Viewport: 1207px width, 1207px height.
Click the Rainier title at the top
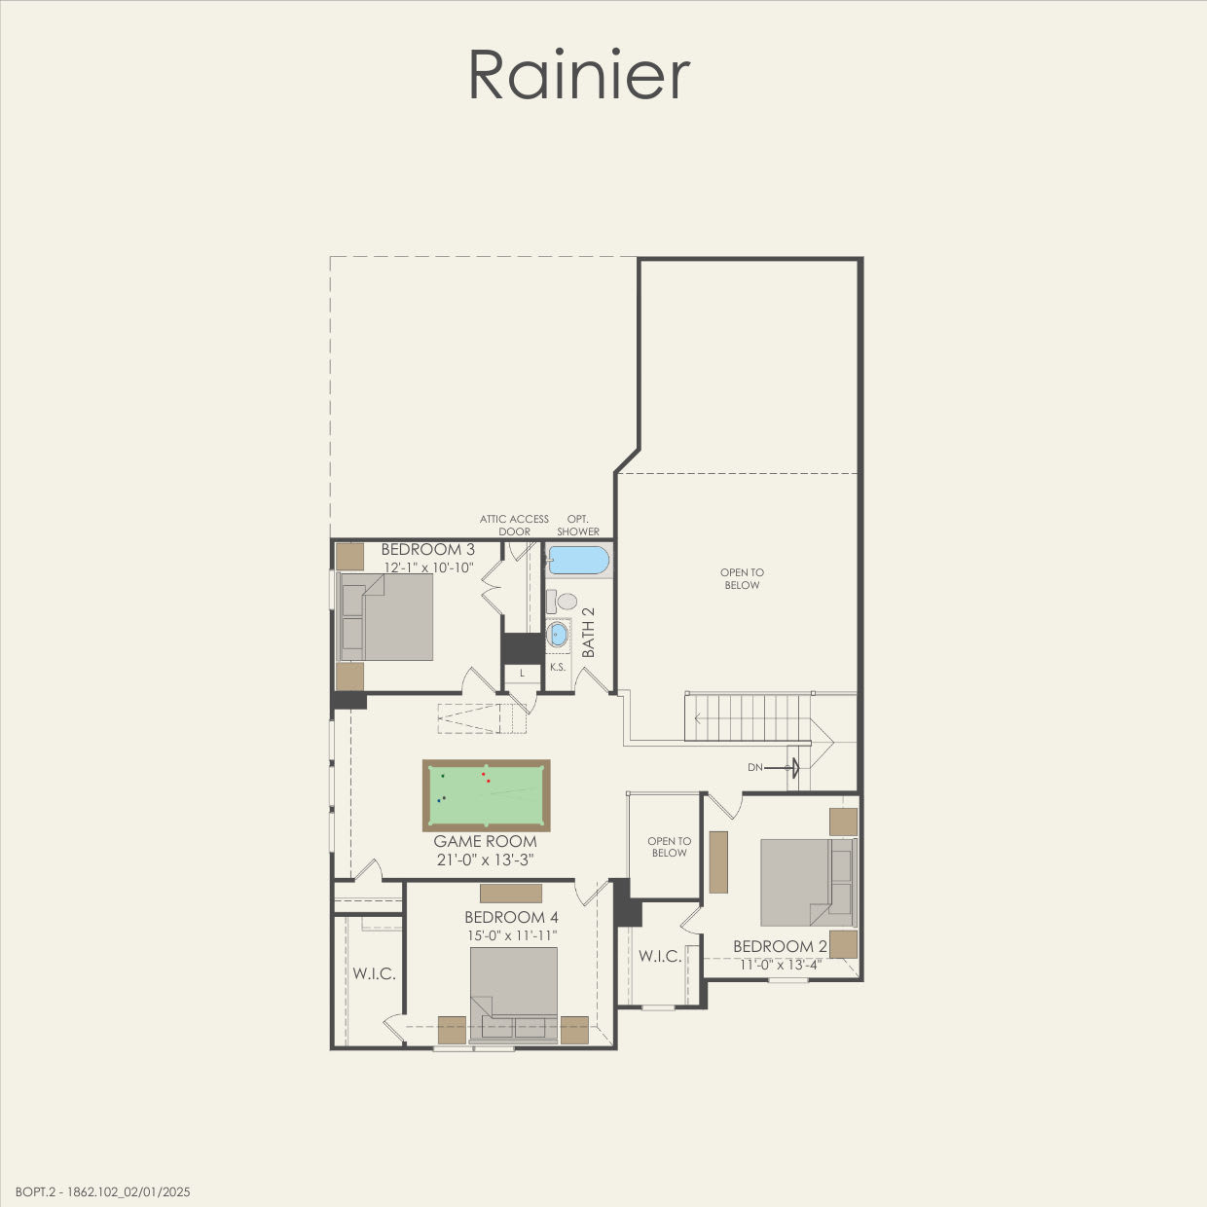pyautogui.click(x=579, y=75)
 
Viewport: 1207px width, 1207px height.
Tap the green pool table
pyautogui.click(x=486, y=794)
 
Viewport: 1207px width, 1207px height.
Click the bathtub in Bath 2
pyautogui.click(x=578, y=561)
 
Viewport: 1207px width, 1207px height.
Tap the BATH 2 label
pyautogui.click(x=588, y=633)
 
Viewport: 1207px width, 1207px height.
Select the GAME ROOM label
pyautogui.click(x=485, y=841)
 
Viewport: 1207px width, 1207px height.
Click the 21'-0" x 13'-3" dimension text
pyautogui.click(x=485, y=860)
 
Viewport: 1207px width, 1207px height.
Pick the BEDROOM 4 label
pyautogui.click(x=511, y=917)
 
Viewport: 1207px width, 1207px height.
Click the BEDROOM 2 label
pyautogui.click(x=780, y=946)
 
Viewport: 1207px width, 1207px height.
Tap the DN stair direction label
pyautogui.click(x=755, y=768)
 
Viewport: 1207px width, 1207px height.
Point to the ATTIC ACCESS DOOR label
pyautogui.click(x=514, y=526)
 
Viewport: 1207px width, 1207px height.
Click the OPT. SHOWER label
pyautogui.click(x=578, y=526)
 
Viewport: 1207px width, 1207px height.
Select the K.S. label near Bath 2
pyautogui.click(x=558, y=668)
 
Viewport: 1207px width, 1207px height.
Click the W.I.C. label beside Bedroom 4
pyautogui.click(x=374, y=973)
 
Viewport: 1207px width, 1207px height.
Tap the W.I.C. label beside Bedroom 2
pyautogui.click(x=660, y=956)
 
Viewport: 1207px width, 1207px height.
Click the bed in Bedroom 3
pyautogui.click(x=385, y=617)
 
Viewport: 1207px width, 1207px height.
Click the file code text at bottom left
pyautogui.click(x=103, y=1191)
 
